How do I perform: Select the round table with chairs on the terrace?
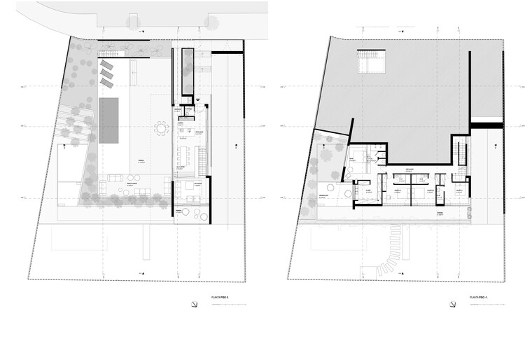pos(162,128)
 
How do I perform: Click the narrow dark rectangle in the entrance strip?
pos(187,71)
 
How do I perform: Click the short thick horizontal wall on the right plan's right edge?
pos(486,126)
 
